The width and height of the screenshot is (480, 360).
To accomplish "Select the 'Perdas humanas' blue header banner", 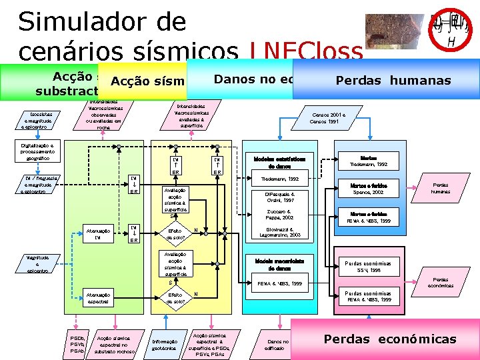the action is click(x=393, y=81).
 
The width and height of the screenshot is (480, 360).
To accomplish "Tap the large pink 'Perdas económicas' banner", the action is click(x=390, y=339).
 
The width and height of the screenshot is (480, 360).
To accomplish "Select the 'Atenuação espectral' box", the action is click(x=98, y=298).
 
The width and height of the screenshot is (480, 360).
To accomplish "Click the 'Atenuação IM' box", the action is click(x=98, y=234).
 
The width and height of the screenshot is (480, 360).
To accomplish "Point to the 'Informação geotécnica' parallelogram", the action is click(x=163, y=345).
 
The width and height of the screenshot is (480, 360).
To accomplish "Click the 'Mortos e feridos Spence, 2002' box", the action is click(x=368, y=188).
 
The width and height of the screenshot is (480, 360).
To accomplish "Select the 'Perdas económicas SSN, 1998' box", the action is click(x=368, y=265).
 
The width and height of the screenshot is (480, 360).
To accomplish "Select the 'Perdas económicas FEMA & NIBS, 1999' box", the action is click(x=368, y=296).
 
